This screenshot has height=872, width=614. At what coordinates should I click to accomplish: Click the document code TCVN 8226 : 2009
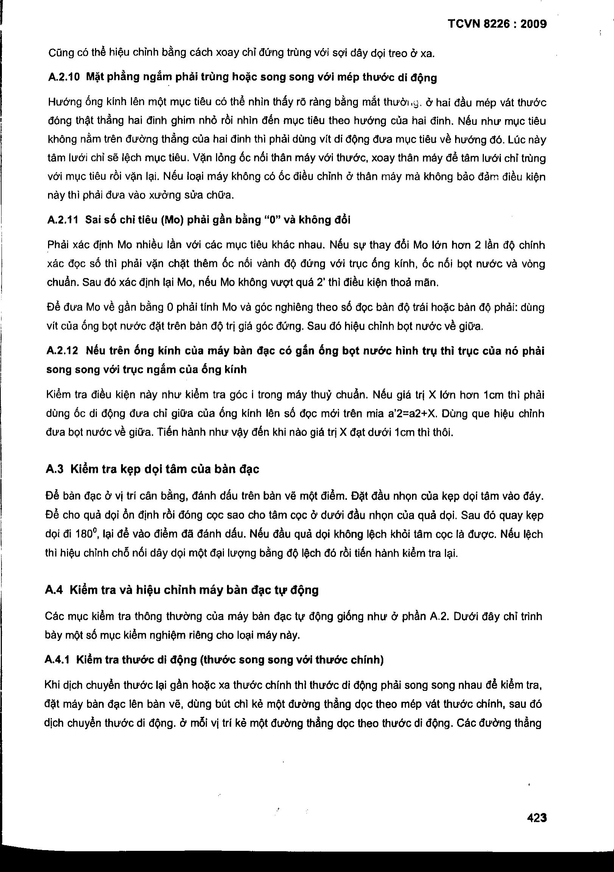click(x=497, y=24)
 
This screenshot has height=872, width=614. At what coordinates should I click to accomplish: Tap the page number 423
click(x=537, y=818)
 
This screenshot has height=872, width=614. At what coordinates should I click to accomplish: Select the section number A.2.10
click(x=64, y=78)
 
